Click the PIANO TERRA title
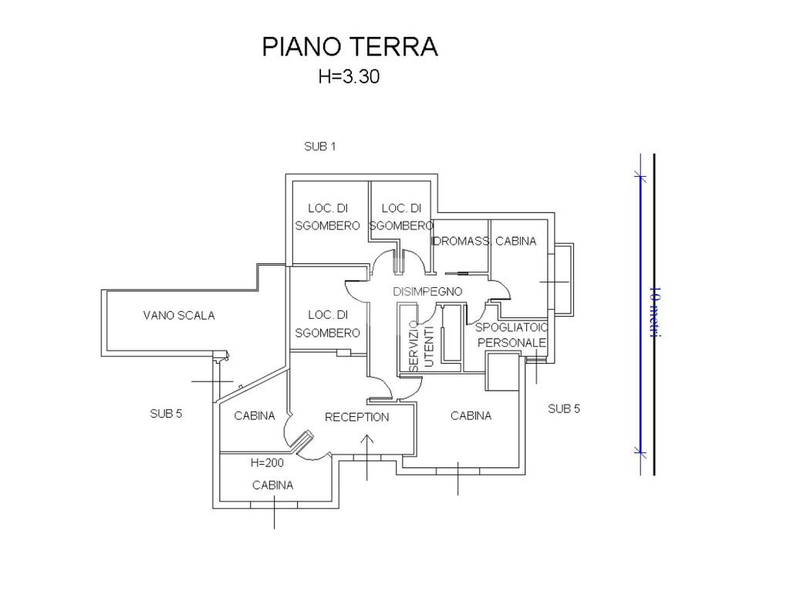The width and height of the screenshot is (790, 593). pyautogui.click(x=349, y=46)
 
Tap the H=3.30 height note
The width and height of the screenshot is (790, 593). pyautogui.click(x=349, y=76)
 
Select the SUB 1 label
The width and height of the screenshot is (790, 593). pyautogui.click(x=320, y=146)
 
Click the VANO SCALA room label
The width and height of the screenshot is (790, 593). pyautogui.click(x=179, y=315)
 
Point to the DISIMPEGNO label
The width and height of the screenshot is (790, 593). pyautogui.click(x=427, y=292)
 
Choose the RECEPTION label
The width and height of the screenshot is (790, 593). pyautogui.click(x=356, y=417)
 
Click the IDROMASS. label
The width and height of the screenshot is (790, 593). pyautogui.click(x=461, y=241)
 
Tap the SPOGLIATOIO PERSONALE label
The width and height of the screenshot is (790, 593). pyautogui.click(x=511, y=335)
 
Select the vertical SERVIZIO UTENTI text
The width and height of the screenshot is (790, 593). pyautogui.click(x=422, y=345)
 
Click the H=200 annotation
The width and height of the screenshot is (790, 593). pyautogui.click(x=267, y=463)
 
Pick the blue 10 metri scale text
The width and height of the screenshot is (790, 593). pyautogui.click(x=655, y=312)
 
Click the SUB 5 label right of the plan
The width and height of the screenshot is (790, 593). pyautogui.click(x=564, y=408)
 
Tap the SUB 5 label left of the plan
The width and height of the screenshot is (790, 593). pyautogui.click(x=166, y=413)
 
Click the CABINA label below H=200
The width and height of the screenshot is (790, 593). pyautogui.click(x=272, y=485)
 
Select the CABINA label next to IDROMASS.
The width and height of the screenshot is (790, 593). pyautogui.click(x=515, y=241)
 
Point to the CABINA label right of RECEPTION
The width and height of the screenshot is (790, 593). pyautogui.click(x=471, y=415)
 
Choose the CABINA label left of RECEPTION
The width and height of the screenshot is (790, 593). pyautogui.click(x=255, y=415)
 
